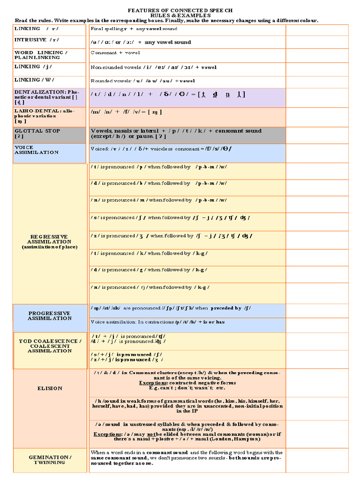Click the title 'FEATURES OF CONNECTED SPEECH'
180,10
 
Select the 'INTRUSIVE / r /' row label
37,40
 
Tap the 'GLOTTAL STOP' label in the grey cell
37,131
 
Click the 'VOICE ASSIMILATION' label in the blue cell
37,150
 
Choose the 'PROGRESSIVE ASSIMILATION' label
49,315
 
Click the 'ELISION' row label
50,388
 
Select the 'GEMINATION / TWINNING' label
50,459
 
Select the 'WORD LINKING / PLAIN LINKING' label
41,55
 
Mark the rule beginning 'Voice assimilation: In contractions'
157,322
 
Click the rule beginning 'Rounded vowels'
143,81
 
